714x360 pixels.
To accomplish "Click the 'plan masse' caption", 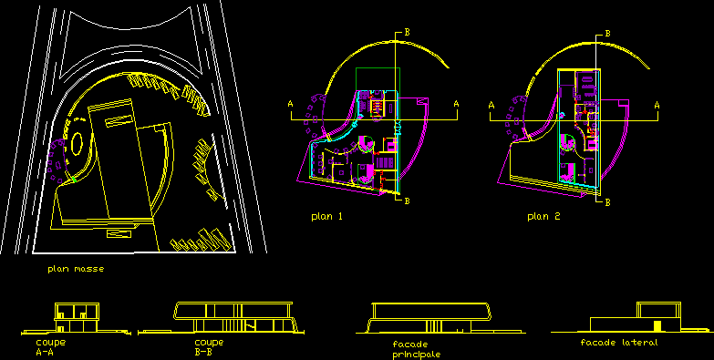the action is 76,269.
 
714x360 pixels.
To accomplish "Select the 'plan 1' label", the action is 326,217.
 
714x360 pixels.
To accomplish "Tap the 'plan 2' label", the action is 543,217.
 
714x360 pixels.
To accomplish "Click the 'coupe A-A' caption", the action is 51,347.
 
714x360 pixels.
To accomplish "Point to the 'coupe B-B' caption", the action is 209,347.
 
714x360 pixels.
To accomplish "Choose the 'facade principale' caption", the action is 417,349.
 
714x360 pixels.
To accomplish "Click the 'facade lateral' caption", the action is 619,343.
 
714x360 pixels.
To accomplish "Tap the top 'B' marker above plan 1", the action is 407,32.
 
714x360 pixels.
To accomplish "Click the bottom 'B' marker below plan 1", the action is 407,201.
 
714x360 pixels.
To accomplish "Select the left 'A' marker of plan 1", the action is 291,105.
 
